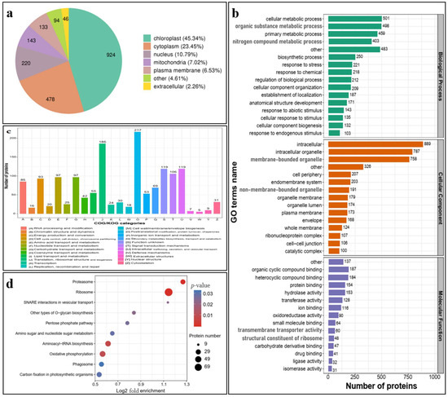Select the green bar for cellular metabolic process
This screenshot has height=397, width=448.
pyautogui.click(x=362, y=18)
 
